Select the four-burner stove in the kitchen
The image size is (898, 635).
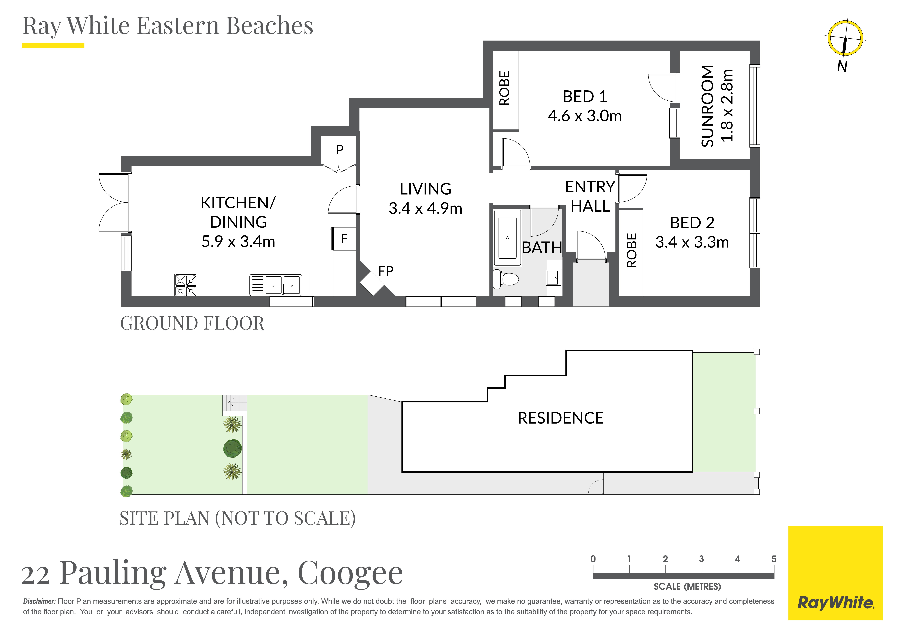(186, 285)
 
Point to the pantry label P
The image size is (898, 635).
(339, 149)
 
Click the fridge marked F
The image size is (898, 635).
(344, 238)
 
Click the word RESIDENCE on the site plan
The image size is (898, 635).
(561, 418)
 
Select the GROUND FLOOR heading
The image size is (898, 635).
(192, 324)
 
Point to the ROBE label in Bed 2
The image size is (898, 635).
(632, 250)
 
